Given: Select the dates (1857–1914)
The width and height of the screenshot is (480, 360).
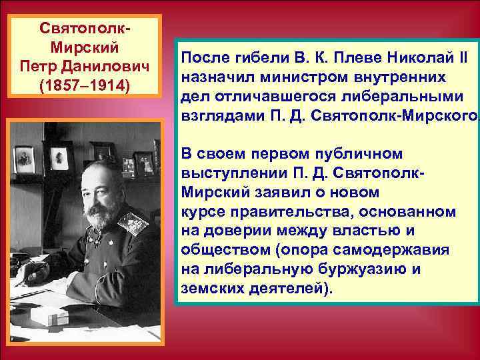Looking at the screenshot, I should pos(85,87).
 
